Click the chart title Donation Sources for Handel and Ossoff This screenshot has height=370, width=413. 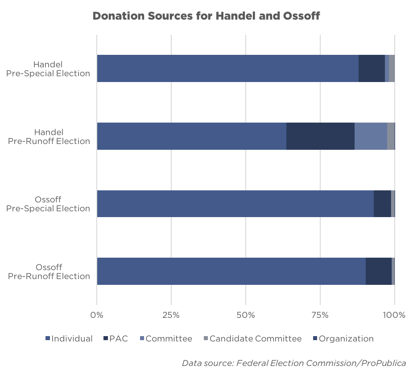tap(206, 16)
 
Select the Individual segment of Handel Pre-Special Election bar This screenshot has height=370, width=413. tap(227, 69)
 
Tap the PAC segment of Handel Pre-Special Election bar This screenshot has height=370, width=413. tap(372, 69)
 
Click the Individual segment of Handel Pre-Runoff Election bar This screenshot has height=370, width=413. tap(191, 136)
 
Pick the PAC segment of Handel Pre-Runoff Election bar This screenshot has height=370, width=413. tap(320, 136)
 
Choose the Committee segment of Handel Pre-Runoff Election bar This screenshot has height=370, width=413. tap(371, 136)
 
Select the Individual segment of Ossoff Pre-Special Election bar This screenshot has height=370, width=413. tap(235, 204)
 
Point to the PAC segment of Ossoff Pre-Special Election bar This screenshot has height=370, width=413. tap(382, 204)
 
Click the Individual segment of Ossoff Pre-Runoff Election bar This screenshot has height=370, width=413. tap(231, 271)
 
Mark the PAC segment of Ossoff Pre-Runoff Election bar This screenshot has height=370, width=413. tap(379, 271)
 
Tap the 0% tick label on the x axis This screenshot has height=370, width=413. tap(97, 315)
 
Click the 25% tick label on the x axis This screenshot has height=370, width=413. tap(171, 315)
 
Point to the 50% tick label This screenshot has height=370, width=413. tap(246, 315)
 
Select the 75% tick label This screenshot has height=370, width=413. tap(320, 315)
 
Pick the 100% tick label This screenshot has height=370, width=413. tap(394, 315)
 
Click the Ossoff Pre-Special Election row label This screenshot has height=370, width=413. tap(48, 204)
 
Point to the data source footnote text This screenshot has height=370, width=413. tap(294, 363)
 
